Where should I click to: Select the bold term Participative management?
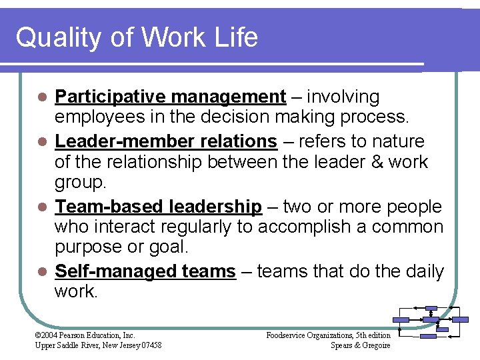(x=170, y=97)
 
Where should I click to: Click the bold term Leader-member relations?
(x=165, y=141)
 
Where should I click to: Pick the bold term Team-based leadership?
(x=158, y=207)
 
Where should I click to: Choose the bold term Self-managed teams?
(x=145, y=271)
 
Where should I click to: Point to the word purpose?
(x=91, y=246)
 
